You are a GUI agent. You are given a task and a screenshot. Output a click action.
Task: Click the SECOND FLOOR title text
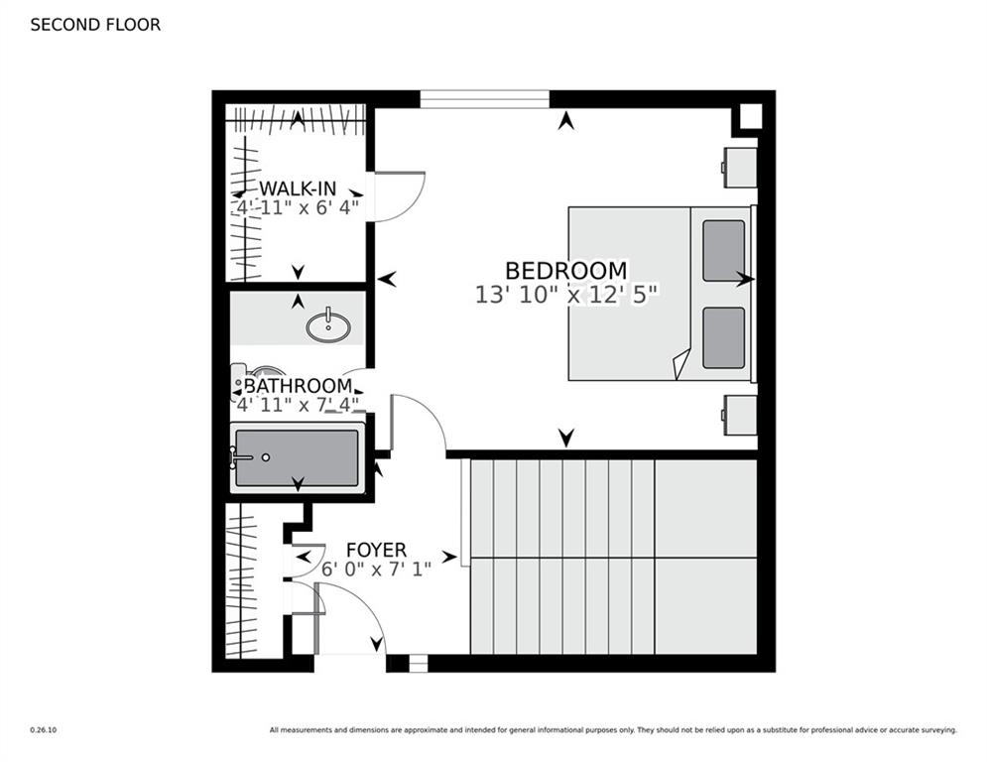95,25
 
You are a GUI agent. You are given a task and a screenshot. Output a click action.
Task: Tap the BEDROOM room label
565,270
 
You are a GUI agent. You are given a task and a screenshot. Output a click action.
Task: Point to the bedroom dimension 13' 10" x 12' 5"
565,295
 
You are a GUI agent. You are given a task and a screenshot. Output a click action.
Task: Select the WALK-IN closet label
298,188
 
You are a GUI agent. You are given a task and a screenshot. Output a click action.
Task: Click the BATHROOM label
298,385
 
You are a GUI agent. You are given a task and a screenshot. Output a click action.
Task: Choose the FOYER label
376,550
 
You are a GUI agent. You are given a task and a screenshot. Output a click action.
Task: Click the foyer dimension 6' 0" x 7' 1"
376,570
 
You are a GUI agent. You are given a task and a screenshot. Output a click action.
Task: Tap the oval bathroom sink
328,326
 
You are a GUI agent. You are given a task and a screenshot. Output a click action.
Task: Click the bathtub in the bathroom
298,457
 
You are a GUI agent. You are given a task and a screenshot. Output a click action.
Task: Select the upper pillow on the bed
723,250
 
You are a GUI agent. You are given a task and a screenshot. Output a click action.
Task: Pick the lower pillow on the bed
723,337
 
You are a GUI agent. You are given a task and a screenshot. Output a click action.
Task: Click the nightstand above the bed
740,167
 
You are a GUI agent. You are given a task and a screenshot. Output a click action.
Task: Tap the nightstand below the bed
740,415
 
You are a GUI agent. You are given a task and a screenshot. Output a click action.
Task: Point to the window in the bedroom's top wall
485,99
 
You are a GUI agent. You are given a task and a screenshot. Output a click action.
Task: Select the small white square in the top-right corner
750,116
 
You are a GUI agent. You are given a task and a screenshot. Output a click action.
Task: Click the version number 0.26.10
44,730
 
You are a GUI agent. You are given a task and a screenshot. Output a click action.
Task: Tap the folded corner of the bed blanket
681,366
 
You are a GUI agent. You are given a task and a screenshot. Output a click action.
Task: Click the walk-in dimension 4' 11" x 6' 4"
298,207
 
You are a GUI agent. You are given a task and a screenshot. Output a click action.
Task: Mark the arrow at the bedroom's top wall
566,120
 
